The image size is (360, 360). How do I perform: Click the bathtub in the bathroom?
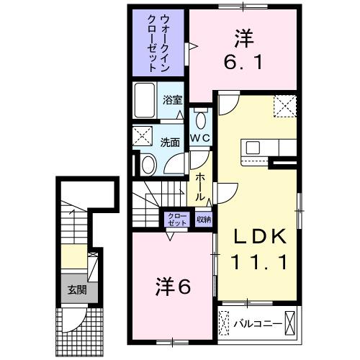(143, 100)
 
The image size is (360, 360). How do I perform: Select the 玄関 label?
(76, 291)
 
